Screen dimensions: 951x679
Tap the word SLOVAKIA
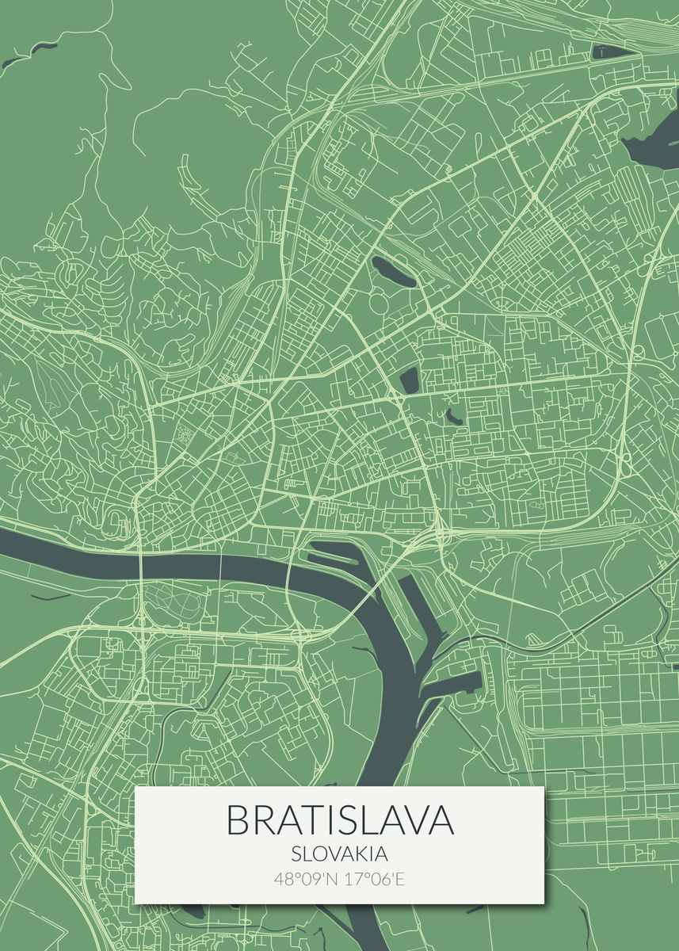pyautogui.click(x=339, y=855)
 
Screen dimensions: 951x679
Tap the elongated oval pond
pyautogui.click(x=394, y=272)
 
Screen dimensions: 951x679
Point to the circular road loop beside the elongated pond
pyautogui.click(x=379, y=303)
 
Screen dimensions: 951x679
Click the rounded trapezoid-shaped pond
pyautogui.click(x=410, y=380)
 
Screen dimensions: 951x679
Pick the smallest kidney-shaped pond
pyautogui.click(x=453, y=415)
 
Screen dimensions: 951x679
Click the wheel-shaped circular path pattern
pyautogui.click(x=184, y=433)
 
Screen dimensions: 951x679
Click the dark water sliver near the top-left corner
pyautogui.click(x=20, y=58)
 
